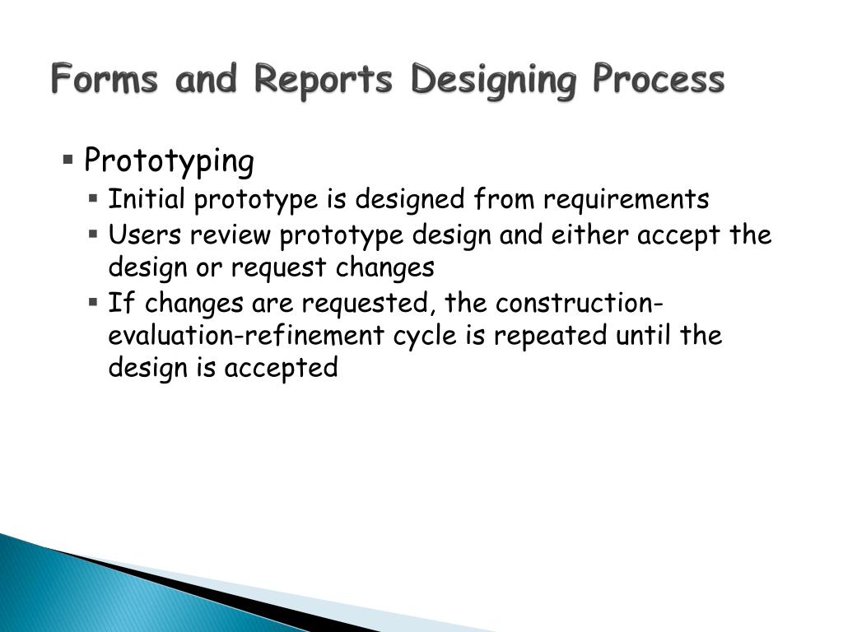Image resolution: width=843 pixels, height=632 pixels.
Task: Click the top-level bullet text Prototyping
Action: click(169, 161)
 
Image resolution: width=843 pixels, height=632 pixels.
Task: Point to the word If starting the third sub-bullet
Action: click(119, 304)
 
